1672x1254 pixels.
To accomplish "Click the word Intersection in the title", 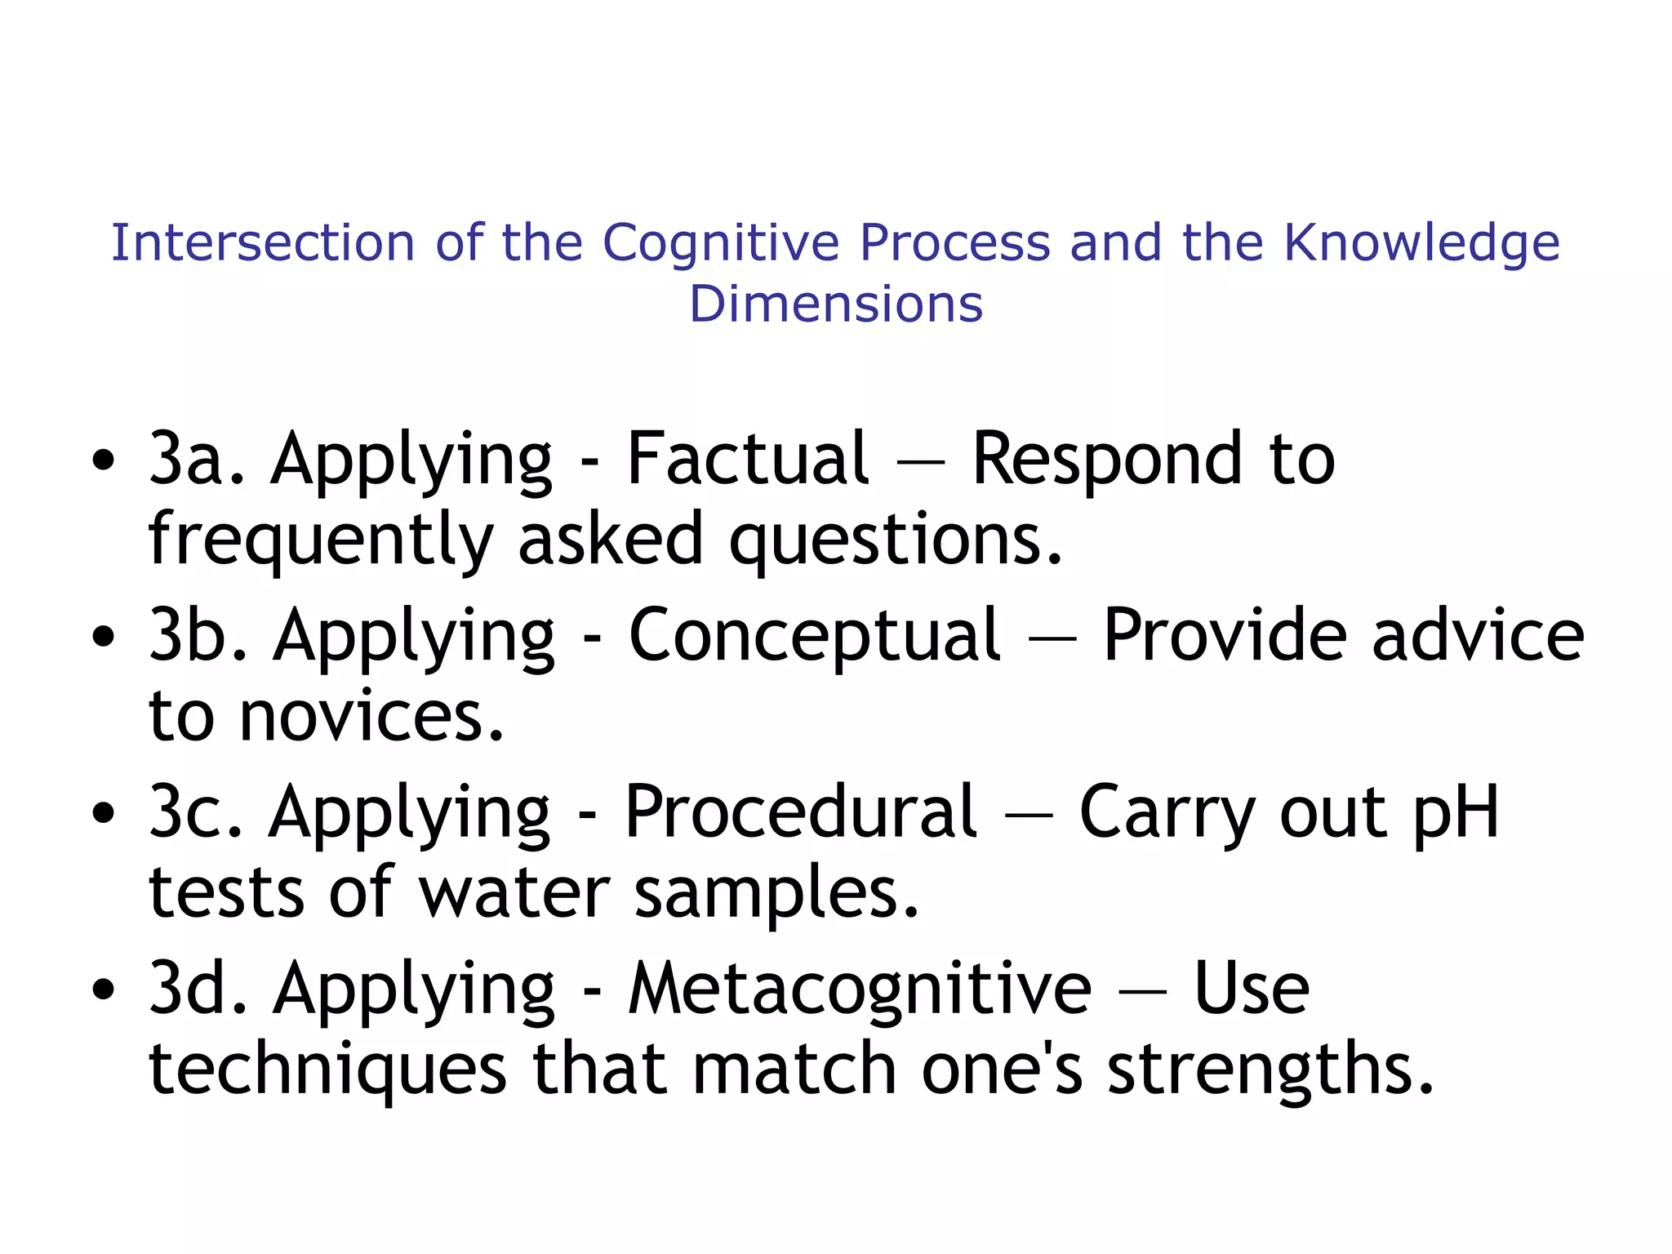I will point(263,243).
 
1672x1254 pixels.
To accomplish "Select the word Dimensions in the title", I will point(836,304).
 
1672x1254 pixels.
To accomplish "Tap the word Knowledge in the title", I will point(1421,243).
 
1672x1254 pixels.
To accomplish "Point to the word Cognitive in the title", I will point(721,243).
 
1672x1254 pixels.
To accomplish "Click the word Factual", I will point(747,460).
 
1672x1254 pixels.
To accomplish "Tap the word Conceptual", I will point(814,636).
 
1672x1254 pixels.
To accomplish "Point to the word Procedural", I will point(800,812).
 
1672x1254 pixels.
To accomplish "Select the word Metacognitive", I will point(859,989).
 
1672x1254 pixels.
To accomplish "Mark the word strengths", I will point(1270,1069).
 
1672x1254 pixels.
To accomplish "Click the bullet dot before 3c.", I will point(104,813).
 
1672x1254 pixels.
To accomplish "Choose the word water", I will point(514,893).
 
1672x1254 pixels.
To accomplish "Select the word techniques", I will point(327,1069).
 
